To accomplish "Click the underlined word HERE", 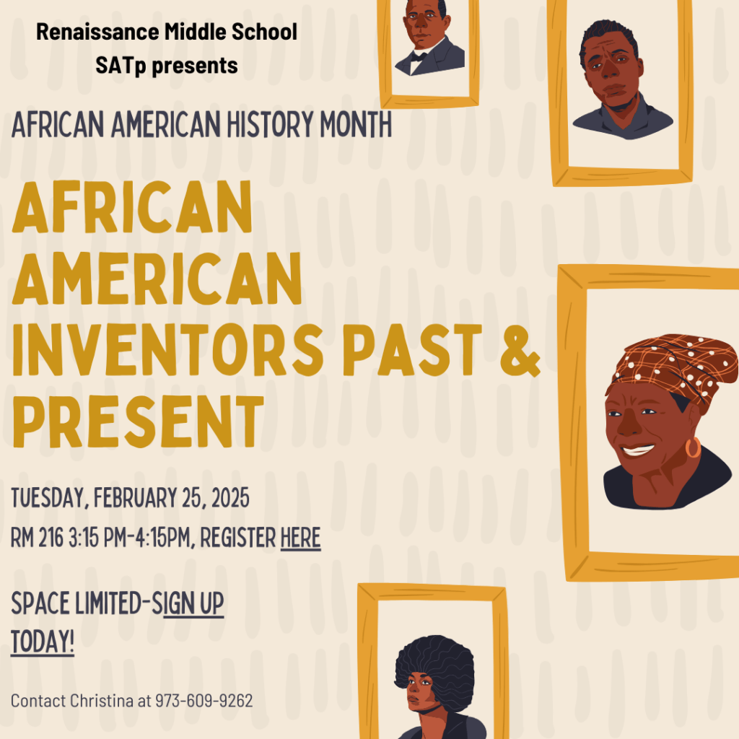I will [300, 538].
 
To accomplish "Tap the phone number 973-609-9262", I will [204, 701].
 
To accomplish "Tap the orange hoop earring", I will [693, 448].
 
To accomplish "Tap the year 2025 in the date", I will [229, 498].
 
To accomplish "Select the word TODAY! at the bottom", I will [43, 642].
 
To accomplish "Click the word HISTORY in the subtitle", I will [268, 126].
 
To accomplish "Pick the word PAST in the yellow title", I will [413, 350].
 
